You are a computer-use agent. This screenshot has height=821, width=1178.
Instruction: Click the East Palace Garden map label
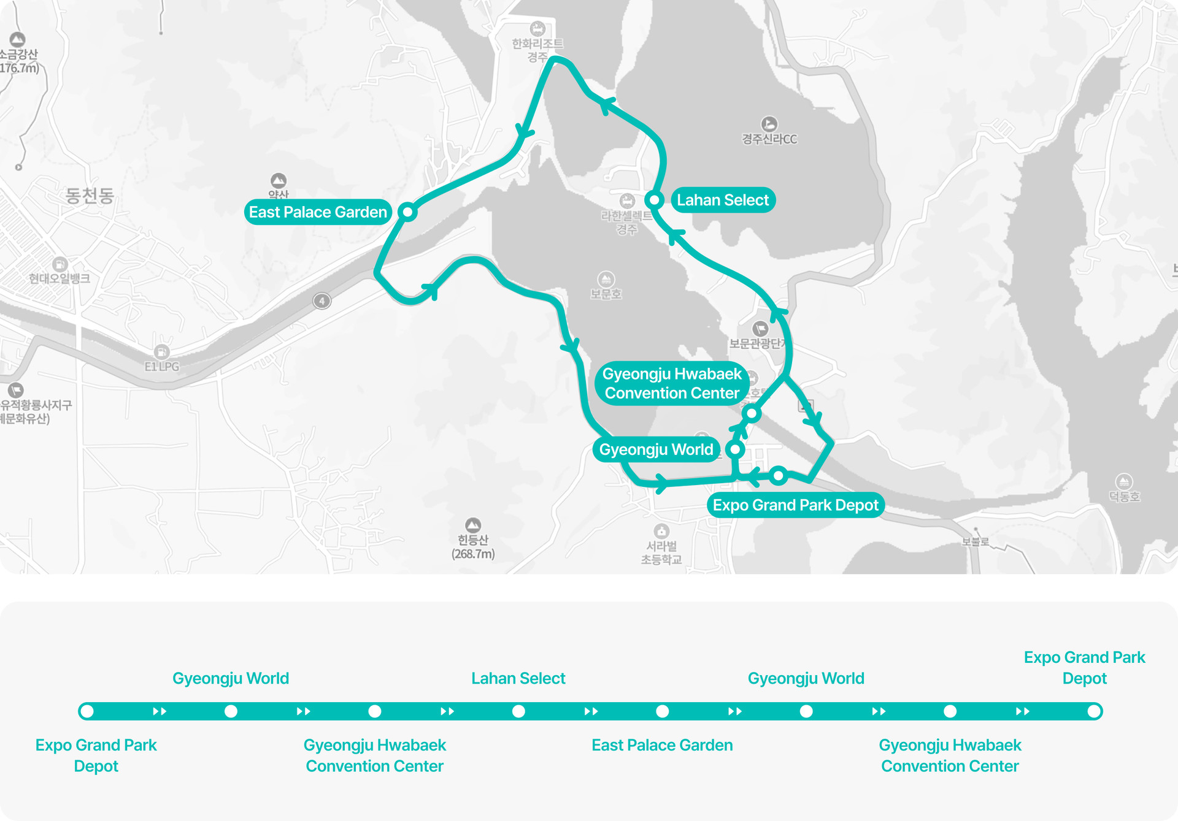click(318, 212)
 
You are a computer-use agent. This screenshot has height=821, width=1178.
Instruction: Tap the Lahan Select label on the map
click(723, 200)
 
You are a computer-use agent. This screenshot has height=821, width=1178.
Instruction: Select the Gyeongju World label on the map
click(656, 449)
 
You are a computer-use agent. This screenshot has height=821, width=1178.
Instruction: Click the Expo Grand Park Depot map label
click(795, 505)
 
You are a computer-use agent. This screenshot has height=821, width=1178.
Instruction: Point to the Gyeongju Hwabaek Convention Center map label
click(672, 383)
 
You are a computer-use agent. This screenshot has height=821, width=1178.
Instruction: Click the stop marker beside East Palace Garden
click(407, 212)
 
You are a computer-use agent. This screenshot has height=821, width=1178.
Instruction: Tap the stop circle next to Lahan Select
click(654, 200)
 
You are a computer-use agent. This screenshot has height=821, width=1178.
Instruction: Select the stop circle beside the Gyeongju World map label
click(735, 449)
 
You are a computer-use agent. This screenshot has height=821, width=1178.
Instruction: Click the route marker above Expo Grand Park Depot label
click(779, 475)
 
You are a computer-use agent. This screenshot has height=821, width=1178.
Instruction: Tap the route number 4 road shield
click(322, 301)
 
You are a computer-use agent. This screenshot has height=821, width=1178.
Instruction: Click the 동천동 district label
click(90, 196)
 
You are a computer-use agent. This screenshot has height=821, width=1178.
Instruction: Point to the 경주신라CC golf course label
click(769, 139)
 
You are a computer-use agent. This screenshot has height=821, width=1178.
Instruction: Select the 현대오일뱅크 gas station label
click(60, 278)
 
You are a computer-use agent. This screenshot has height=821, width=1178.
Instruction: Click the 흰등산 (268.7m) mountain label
click(473, 546)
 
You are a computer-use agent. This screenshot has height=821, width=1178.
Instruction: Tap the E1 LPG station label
click(162, 366)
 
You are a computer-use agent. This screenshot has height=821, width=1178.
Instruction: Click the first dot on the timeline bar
click(87, 711)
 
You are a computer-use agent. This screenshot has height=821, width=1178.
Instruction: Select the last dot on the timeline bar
click(1093, 711)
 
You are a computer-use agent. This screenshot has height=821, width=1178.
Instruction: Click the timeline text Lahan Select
click(518, 678)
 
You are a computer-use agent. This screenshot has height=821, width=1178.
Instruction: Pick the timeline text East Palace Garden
click(662, 745)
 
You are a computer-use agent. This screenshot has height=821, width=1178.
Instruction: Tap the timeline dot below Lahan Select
click(518, 711)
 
